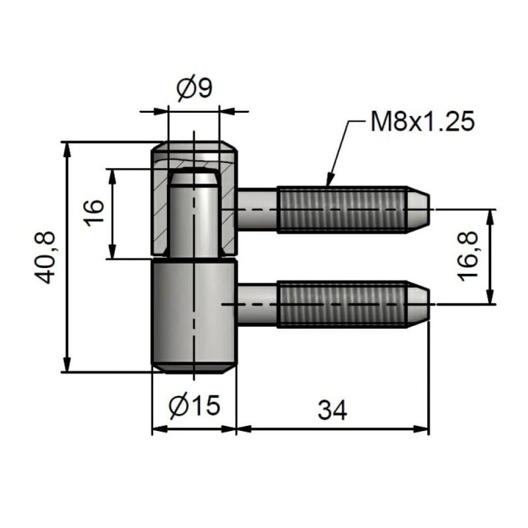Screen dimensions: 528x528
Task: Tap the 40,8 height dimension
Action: click(46, 257)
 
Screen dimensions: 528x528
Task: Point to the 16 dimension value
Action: click(95, 213)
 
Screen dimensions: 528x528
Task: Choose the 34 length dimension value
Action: click(332, 411)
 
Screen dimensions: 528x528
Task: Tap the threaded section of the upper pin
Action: click(341, 210)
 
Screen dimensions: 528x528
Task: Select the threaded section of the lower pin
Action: click(341, 304)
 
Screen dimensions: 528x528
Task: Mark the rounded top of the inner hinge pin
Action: click(193, 178)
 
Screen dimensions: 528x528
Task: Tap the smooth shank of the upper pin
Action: click(257, 210)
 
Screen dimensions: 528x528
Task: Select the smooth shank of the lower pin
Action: click(257, 304)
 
